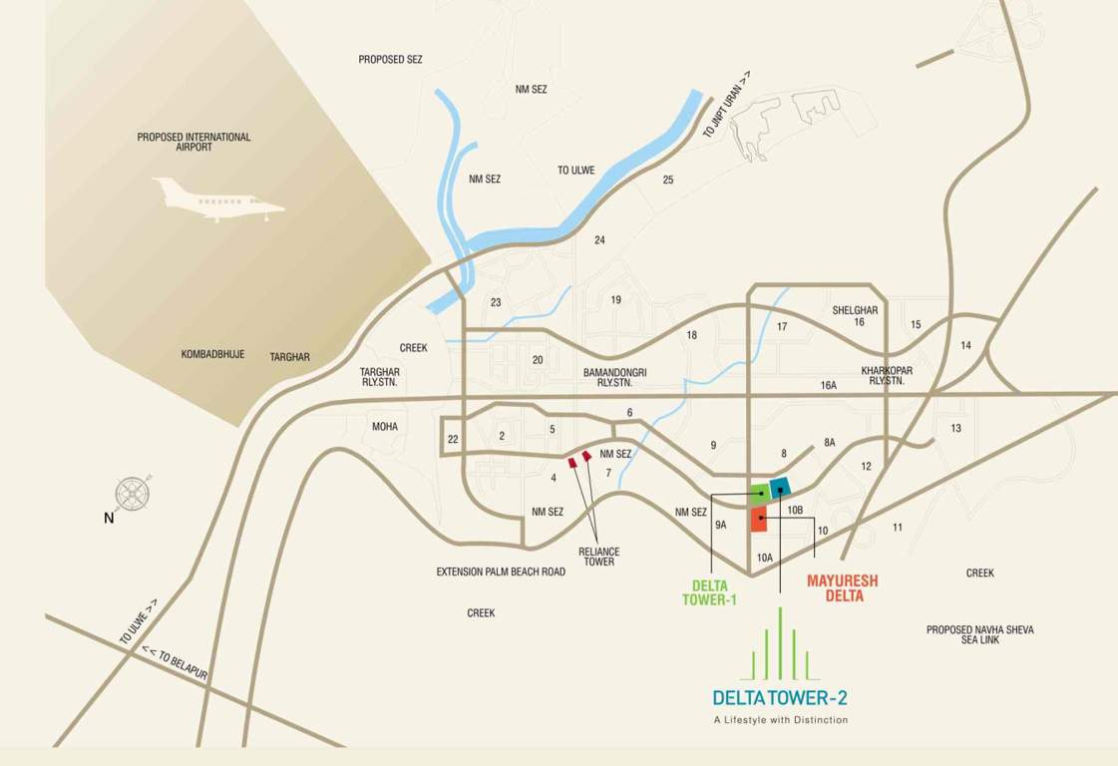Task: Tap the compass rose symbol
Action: (x=133, y=494)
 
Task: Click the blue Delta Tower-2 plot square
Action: (x=780, y=487)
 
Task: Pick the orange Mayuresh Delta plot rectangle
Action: (x=759, y=519)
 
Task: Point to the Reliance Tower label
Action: (x=598, y=557)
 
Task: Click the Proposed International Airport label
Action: (x=194, y=142)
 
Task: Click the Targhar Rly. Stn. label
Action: (x=379, y=376)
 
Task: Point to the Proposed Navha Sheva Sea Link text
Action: (x=979, y=634)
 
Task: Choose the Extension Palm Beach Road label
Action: (x=501, y=572)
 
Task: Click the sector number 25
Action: (x=668, y=180)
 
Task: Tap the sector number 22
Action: (x=453, y=440)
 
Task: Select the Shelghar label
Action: (x=855, y=310)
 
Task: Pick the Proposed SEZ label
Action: (x=390, y=60)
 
